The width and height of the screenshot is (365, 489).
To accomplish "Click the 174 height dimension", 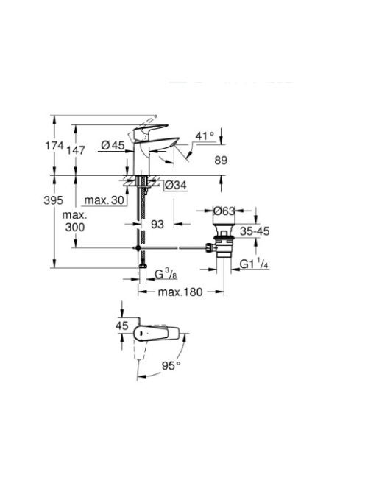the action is [x=54, y=145].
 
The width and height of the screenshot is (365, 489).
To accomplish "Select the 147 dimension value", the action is [x=76, y=150].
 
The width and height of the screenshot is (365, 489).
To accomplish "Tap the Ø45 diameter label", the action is [x=113, y=144].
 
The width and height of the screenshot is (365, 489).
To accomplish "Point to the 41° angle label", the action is [x=205, y=136].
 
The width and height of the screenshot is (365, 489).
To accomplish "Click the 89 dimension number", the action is [x=221, y=161].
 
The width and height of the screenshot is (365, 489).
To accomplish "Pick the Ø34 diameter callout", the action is [x=175, y=185].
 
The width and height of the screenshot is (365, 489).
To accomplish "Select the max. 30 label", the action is [x=104, y=200].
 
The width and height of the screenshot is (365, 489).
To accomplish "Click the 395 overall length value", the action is [x=53, y=200].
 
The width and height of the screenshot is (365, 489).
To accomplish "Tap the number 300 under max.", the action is [x=75, y=227].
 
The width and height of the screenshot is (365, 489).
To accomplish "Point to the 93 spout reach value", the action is [x=157, y=224].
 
